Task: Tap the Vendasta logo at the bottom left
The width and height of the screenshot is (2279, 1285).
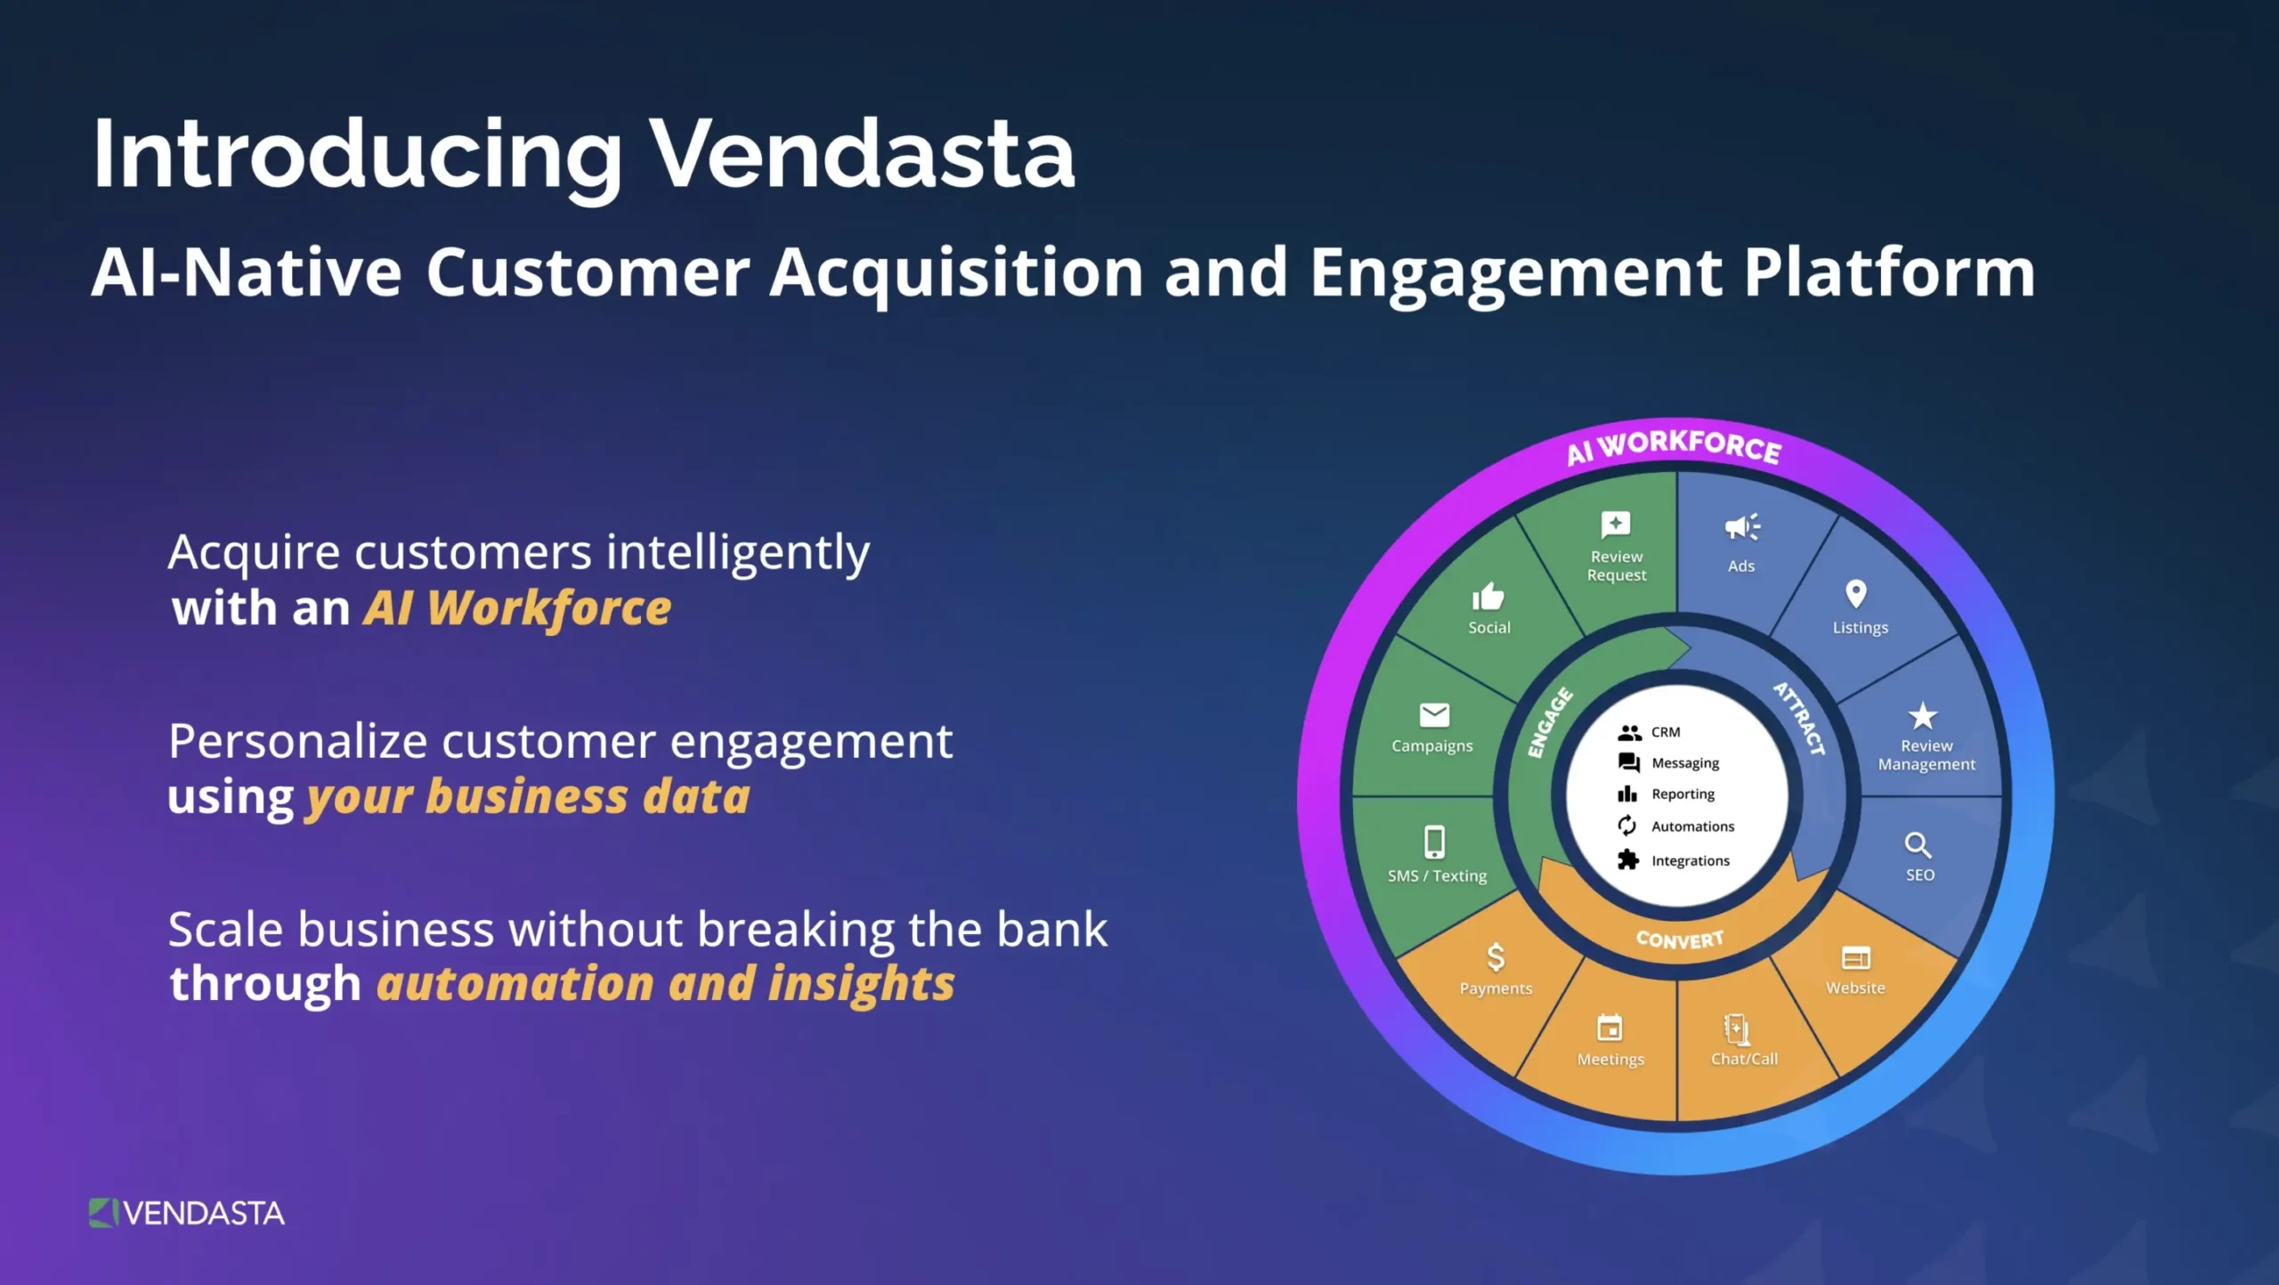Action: pos(187,1213)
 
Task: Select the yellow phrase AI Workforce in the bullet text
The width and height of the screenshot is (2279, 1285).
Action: pos(516,609)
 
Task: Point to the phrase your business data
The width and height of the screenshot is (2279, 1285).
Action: pos(528,797)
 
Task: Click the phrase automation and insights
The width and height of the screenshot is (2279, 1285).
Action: pos(665,984)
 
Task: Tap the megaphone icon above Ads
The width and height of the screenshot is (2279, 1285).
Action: pos(1741,527)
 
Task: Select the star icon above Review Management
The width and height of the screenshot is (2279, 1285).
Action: pos(1923,716)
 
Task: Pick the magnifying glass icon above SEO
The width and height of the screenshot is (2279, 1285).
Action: pos(1917,844)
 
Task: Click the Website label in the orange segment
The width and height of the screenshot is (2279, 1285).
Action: pos(1855,988)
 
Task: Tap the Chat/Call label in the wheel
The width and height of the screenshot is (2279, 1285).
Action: pos(1744,1059)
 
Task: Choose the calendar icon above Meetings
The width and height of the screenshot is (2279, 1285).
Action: pos(1610,1029)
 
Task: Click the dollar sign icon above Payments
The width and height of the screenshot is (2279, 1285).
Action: pos(1496,957)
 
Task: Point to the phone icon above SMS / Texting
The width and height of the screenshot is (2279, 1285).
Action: pos(1434,842)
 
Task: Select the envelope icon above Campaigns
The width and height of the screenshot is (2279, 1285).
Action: pos(1434,714)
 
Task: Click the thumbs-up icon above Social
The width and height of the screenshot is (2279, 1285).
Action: pos(1488,596)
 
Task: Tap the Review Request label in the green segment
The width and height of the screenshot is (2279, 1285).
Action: pos(1617,565)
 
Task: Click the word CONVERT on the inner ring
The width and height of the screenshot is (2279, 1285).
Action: pos(1679,939)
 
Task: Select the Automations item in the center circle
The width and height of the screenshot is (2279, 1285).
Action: pos(1691,826)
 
